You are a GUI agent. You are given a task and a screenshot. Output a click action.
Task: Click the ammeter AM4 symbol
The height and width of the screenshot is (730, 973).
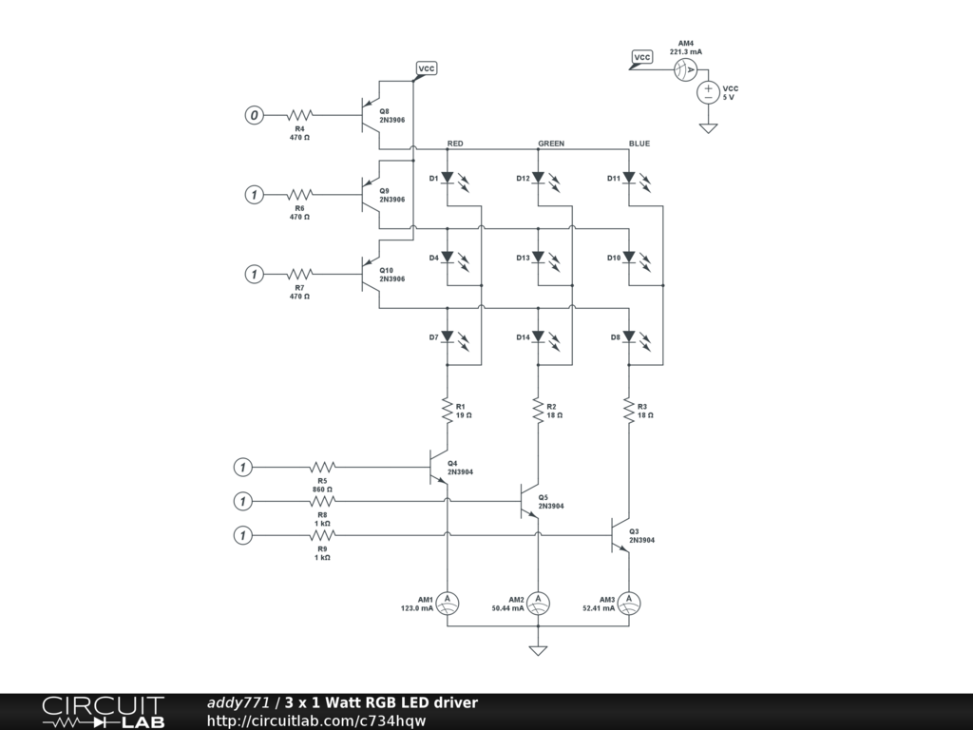pos(685,69)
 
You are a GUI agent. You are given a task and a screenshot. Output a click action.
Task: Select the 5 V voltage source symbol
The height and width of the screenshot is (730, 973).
pos(708,92)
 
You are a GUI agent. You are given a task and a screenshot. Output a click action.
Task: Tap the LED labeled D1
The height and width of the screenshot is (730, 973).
pos(447,178)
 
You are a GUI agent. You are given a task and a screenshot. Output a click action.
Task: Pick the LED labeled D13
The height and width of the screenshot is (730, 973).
pos(538,258)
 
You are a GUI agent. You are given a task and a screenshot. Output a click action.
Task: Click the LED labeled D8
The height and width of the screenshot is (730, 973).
pos(629,336)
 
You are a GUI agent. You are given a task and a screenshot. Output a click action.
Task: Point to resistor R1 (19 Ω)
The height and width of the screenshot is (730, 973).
pos(447,411)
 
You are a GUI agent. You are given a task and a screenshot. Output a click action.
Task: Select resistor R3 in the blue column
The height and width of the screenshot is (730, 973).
pos(629,411)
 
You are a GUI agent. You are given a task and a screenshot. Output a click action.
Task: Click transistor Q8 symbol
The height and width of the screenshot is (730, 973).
pos(370,115)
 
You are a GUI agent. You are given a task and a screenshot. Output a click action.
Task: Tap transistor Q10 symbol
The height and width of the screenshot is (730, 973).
pos(370,274)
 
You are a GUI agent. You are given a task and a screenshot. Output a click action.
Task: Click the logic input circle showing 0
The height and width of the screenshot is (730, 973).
pos(254,115)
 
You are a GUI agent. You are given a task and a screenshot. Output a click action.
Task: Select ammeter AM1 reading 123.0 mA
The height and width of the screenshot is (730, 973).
pos(447,602)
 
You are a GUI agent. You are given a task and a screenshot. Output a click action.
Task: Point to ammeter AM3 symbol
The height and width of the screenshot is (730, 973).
pos(629,602)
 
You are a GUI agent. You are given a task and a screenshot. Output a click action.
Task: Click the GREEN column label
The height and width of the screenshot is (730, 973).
pos(551,144)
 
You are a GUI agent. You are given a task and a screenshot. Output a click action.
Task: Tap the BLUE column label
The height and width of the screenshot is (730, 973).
pos(639,144)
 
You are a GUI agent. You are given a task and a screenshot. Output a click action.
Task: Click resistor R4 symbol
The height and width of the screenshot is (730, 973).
pos(299,115)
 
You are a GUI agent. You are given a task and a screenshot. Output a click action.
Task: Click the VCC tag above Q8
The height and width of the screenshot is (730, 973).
pos(426,68)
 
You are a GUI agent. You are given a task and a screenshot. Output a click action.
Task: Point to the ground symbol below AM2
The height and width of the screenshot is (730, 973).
pos(538,651)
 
